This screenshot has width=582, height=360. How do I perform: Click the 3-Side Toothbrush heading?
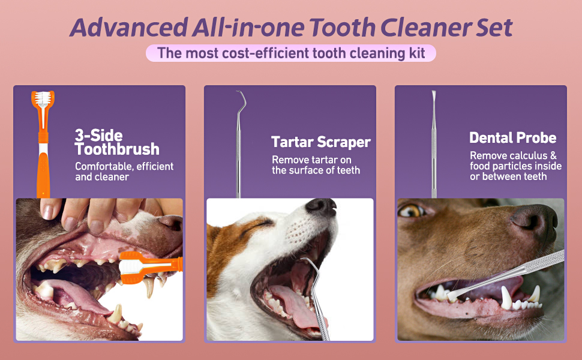[x=117, y=142]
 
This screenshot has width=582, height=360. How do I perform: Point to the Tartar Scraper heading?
[x=320, y=142]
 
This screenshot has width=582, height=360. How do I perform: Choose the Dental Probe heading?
[x=512, y=137]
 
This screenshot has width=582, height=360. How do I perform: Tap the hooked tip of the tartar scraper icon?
[x=241, y=97]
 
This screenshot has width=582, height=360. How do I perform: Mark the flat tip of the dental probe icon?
[x=433, y=96]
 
